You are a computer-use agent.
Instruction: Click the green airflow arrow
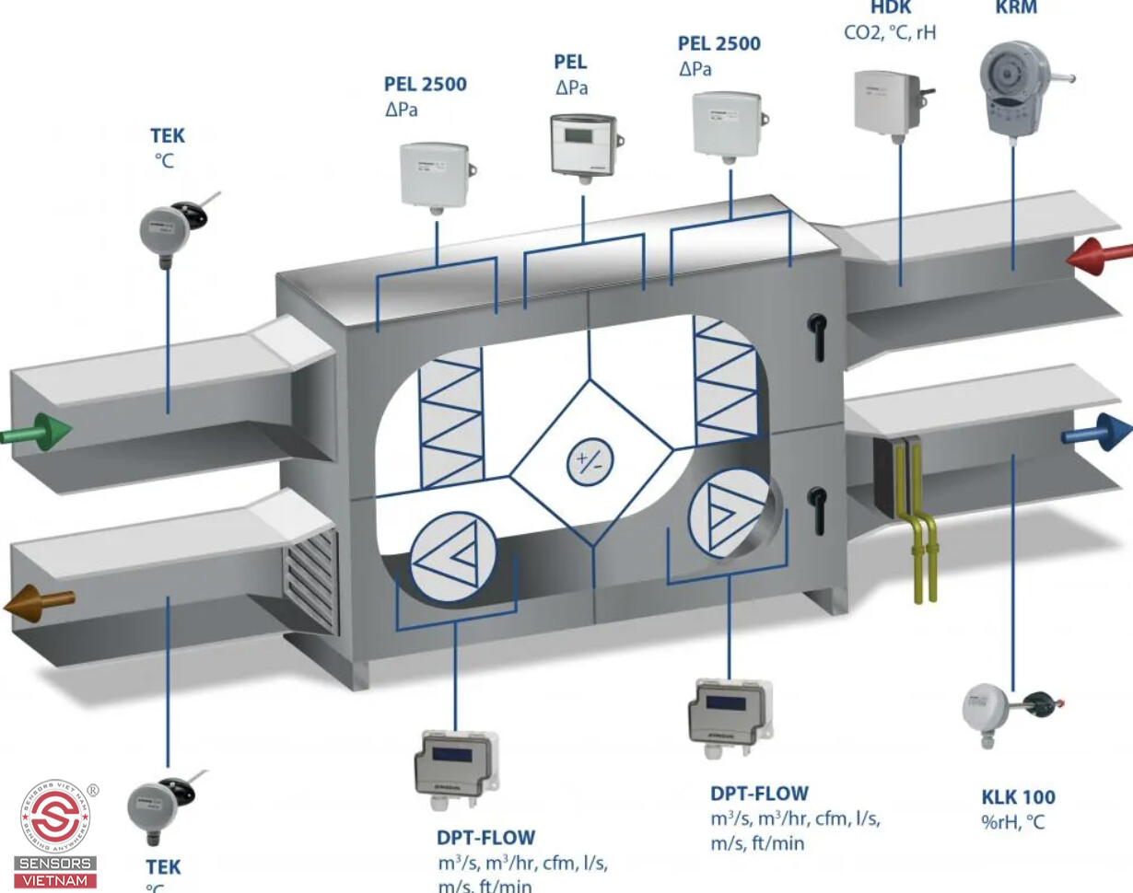tap(37, 431)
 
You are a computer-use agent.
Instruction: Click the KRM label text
tap(1016, 7)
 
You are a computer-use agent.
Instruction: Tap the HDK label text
tap(890, 7)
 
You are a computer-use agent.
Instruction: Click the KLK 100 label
tap(1018, 797)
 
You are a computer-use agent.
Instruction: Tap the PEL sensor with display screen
tap(582, 145)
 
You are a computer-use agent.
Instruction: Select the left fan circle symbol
tap(453, 553)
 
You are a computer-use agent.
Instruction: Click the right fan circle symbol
tap(727, 513)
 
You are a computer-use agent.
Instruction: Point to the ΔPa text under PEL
tap(571, 88)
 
